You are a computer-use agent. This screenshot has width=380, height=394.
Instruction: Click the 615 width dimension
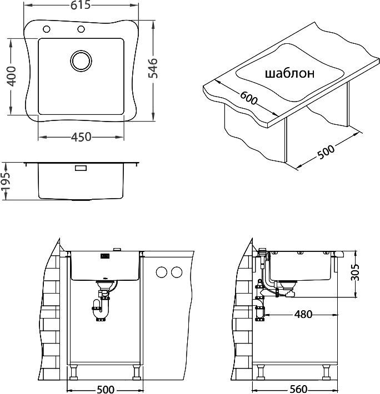pos(81,5)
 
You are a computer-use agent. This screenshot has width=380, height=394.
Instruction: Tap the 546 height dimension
pos(153,68)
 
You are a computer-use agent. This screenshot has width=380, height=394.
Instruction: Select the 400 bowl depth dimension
pos(11,77)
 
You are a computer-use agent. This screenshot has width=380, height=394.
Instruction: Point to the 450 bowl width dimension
pos(81,137)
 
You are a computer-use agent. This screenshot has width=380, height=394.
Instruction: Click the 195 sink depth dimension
pos(5,181)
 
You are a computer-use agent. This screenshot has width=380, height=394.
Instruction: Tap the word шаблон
pos(289,73)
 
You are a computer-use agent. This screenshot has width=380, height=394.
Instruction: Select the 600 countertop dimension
pos(249,98)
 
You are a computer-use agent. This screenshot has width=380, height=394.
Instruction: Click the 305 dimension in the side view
pos(355,272)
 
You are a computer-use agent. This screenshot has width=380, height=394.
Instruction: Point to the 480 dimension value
pos(303,314)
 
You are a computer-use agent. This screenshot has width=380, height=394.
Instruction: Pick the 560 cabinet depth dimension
pos(298,389)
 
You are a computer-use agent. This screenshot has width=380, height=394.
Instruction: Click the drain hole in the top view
pos(81,60)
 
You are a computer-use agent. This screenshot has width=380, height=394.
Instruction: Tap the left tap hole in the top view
pos(46,29)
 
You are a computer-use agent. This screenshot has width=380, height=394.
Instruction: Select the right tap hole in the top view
pos(81,29)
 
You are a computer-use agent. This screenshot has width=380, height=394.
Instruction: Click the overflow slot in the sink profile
pos(81,168)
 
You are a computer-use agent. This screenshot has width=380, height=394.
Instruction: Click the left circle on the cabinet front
pos(162,272)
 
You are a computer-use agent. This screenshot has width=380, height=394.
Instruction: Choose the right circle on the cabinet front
pos(177,272)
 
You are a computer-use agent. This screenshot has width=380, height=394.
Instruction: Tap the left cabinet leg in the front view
pos(74,373)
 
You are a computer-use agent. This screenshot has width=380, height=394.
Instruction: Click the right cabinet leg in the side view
pos(326,373)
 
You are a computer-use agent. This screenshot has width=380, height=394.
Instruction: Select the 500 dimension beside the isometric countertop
pos(326,152)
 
